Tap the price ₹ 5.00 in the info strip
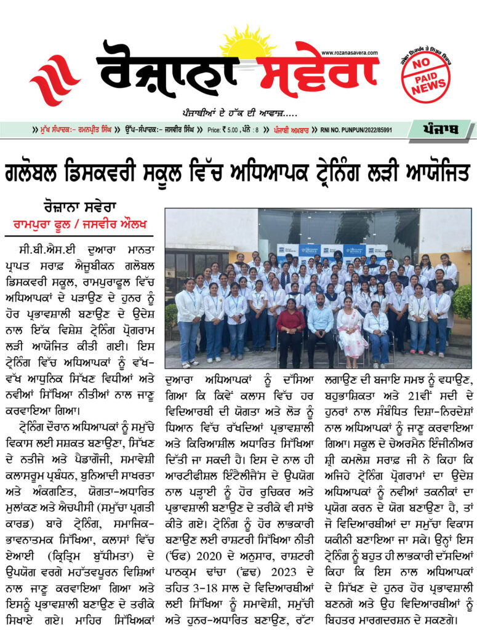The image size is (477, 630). pyautogui.click(x=226, y=130)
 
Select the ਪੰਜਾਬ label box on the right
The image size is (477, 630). pyautogui.click(x=442, y=130)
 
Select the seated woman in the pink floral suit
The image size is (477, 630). pyautogui.click(x=350, y=332)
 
